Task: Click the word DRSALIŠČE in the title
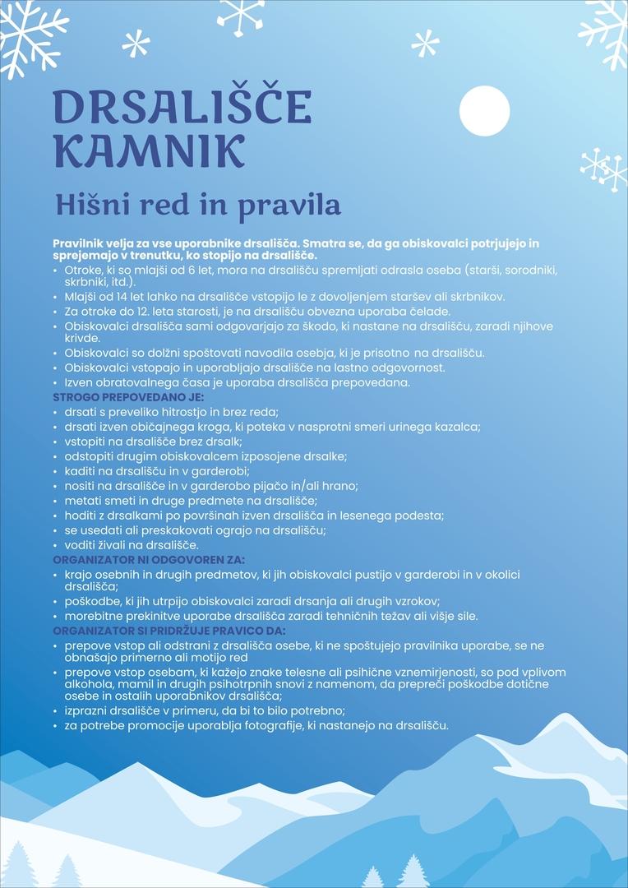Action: coord(182,107)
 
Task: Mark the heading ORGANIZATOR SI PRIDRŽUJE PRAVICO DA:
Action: coord(169,630)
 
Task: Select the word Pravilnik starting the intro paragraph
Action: coord(79,243)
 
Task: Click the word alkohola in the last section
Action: coord(91,684)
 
